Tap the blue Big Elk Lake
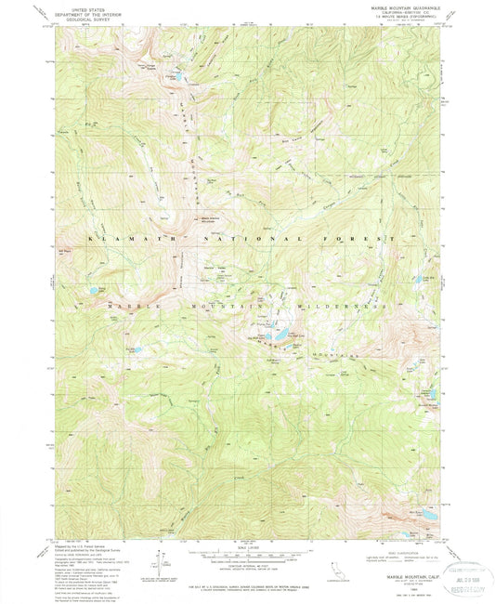click(x=276, y=334)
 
